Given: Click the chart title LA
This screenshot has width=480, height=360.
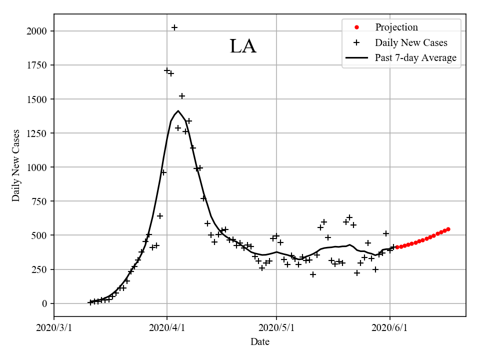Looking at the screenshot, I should pos(243,46).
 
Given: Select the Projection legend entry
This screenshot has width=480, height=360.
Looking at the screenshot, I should pos(396,27).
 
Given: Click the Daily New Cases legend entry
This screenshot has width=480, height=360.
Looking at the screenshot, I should pos(411,42).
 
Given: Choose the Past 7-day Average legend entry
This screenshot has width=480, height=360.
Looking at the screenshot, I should pos(415,58).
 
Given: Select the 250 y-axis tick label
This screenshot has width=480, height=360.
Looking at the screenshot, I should pos(41,269).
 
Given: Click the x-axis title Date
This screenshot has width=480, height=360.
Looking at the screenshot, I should pos(260,342).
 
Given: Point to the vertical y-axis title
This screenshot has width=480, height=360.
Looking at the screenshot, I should pos(16,165).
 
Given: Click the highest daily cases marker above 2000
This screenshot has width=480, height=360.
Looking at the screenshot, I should pos(174,27).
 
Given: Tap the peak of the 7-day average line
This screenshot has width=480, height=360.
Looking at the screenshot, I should pos(178,111).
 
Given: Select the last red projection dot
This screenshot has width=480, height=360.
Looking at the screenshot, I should pos(448,229).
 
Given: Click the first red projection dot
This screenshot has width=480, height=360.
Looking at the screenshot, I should pos(397,247).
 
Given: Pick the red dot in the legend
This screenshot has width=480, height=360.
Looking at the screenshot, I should pos(356,27).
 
